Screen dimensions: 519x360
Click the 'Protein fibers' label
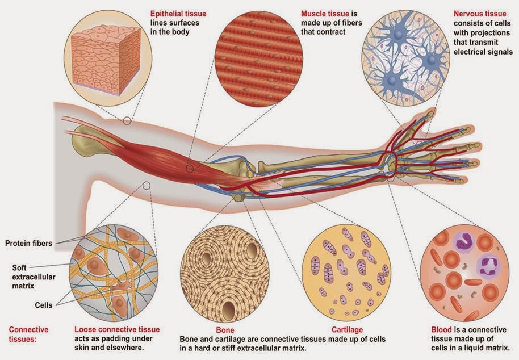tap(29, 244)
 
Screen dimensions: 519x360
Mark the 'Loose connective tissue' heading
tap(117, 329)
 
